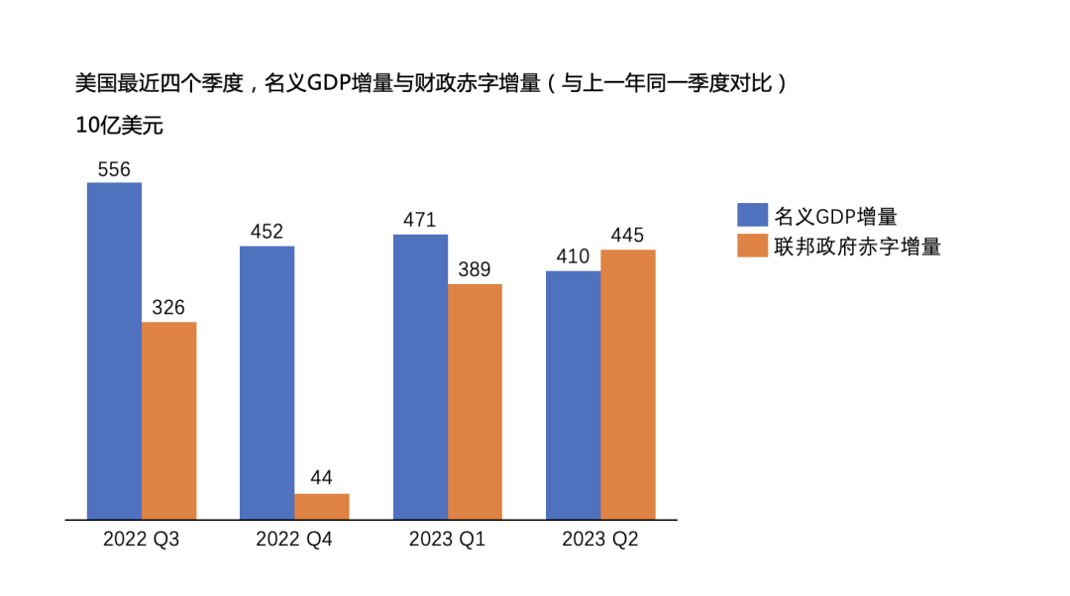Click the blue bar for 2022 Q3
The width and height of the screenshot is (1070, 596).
[x=114, y=350]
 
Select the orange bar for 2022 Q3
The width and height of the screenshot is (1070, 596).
[x=168, y=420]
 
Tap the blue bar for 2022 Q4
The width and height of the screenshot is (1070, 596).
[x=267, y=382]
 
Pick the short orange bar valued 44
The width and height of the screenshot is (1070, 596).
[x=322, y=506]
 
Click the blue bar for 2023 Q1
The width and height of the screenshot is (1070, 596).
[x=420, y=376]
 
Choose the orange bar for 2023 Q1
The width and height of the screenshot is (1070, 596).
[x=475, y=401]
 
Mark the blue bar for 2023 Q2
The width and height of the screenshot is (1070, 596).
[x=573, y=394]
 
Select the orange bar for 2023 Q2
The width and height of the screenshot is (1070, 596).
[x=628, y=384]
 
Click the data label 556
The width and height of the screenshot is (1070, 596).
[x=114, y=169]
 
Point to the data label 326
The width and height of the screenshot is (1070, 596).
[x=168, y=308]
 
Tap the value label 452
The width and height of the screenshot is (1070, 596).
[x=267, y=232]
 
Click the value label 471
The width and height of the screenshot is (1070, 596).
[x=420, y=220]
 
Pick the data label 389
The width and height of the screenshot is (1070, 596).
[x=475, y=270]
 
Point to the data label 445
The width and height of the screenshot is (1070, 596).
[x=628, y=236]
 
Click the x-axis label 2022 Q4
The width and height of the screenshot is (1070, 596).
[x=294, y=540]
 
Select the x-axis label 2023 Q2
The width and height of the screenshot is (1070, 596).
[x=600, y=540]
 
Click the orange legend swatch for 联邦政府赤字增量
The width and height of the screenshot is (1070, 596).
[x=752, y=246]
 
